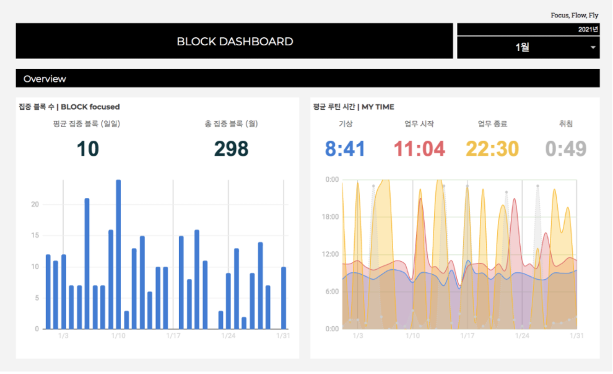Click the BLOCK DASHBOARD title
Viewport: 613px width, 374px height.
tap(235, 42)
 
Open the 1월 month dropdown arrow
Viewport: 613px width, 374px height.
tap(593, 48)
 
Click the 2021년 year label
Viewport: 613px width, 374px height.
tap(588, 29)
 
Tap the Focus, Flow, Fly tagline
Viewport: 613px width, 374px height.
tap(574, 15)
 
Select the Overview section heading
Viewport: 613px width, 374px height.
tap(45, 79)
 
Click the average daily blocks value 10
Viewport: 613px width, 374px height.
tap(87, 149)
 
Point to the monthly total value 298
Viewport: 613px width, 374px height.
tap(231, 149)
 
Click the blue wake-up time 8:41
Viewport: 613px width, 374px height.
tap(345, 149)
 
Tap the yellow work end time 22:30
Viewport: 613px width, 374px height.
tap(492, 149)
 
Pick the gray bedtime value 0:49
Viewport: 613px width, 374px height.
tap(566, 149)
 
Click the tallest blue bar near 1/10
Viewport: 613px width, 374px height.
tap(118, 254)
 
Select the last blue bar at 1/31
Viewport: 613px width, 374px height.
tap(284, 298)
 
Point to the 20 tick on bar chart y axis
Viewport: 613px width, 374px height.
tap(35, 205)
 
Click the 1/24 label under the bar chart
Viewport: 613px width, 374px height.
tap(228, 336)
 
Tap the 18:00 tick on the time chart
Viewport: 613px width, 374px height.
tap(332, 217)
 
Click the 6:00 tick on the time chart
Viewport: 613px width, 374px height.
tap(332, 292)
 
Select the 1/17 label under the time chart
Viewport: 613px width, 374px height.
tap(468, 336)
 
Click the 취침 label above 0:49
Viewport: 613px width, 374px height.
tap(566, 124)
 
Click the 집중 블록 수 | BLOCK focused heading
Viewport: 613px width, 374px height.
tap(69, 107)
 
